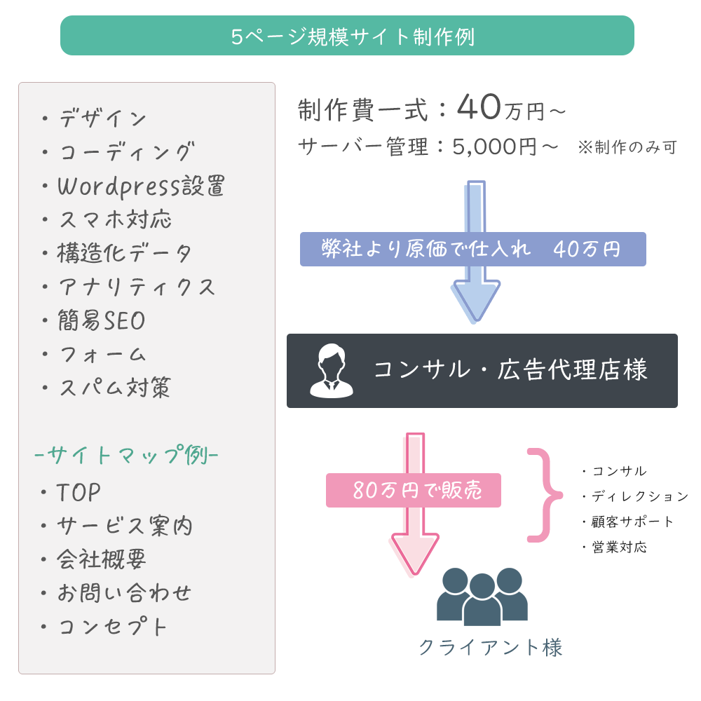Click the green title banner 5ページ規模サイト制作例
pos(347,36)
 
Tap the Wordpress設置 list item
pos(140,186)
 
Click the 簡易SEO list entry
pos(102,321)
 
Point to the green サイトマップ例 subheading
pos(126,455)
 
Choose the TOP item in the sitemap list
pos(79,493)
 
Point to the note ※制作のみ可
pos(627,148)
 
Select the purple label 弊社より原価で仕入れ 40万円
pos(472,250)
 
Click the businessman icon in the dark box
pos(332,370)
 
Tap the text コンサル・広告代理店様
pos(510,370)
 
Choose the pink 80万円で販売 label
pos(414,491)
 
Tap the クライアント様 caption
pos(490,646)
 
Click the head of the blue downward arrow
pos(477,301)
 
